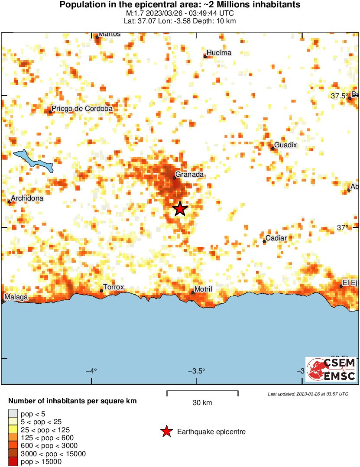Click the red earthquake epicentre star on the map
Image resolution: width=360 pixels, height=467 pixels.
pos(180,209)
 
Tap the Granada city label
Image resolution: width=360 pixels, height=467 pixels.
pos(189,174)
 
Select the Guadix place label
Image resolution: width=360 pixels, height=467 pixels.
pos(285,145)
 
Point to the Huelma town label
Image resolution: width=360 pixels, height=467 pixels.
pos(219,53)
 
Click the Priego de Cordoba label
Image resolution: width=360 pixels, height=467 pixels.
pos(82,109)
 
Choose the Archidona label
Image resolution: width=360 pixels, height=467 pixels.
pos(27,198)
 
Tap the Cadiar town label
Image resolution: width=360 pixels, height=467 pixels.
pos(276,238)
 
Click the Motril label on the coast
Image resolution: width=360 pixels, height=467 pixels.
pos(203,289)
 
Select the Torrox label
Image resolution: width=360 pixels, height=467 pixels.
pos(114,287)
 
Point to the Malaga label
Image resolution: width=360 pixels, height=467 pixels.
pos(16,298)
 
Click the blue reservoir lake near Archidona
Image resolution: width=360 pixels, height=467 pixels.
pos(33,160)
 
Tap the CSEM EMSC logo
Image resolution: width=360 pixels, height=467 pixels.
pos(331,369)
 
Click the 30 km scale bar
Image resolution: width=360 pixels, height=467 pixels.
pos(202,392)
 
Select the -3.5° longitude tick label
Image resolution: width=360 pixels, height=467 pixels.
pos(196,371)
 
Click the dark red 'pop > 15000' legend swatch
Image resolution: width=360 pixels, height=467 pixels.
pos(13,462)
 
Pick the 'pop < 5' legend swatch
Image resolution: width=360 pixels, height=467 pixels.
pos(13,413)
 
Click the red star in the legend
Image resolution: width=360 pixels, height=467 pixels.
pos(166,431)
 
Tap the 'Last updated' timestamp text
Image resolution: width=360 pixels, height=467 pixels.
pos(308,394)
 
